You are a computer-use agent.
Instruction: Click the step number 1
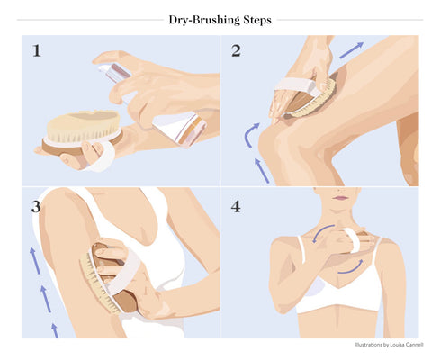[x=37, y=50]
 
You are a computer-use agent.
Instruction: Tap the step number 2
[x=236, y=50]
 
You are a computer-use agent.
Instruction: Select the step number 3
[x=36, y=207]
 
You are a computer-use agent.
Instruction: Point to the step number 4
[x=236, y=207]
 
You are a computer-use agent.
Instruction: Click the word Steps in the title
[x=257, y=20]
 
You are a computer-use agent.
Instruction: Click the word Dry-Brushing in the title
[x=204, y=20]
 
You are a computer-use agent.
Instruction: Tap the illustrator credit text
[x=389, y=345]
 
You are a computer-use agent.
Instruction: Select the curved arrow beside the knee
[x=247, y=135]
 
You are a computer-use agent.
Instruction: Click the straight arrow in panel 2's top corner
[x=351, y=50]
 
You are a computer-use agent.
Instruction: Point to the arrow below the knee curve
[x=262, y=170]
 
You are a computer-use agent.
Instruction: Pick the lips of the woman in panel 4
[x=341, y=198]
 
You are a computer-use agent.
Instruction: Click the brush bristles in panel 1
[x=84, y=127]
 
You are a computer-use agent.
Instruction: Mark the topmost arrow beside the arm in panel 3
[x=34, y=260]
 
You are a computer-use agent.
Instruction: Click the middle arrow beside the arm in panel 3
[x=46, y=299]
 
